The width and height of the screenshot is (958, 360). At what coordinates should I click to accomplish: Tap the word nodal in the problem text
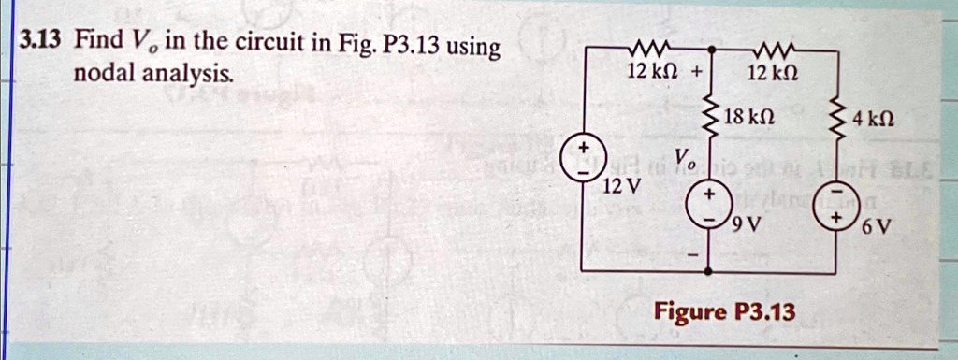[104, 73]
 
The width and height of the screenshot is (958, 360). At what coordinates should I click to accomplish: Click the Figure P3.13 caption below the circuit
[725, 310]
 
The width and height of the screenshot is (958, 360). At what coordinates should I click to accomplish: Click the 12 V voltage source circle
[581, 160]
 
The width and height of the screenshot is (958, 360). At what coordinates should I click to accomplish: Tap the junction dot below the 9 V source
[708, 270]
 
